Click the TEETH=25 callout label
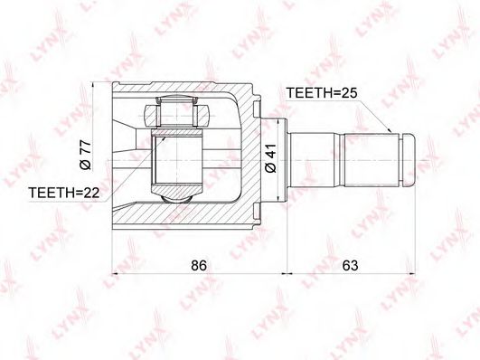tap(322, 92)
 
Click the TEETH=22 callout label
tap(64, 193)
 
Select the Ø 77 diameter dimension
tap(85, 155)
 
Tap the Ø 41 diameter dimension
tap(270, 158)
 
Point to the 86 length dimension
tap(199, 265)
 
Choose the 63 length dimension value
tap(350, 265)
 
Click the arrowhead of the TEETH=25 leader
tap(389, 130)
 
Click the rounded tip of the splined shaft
tap(408, 160)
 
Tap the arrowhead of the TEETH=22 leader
tap(164, 139)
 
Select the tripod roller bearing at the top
tap(177, 112)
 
